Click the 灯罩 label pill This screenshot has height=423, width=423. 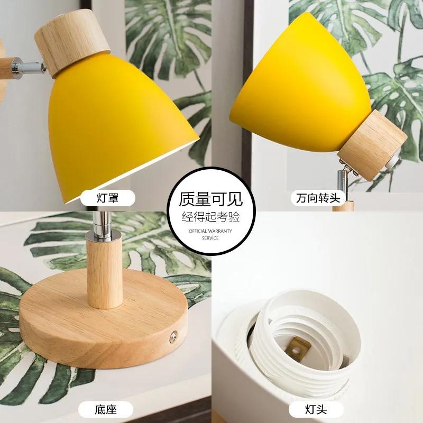(107, 198)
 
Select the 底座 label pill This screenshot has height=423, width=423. (106, 409)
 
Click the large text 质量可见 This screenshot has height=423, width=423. (211, 199)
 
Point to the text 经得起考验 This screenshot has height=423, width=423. (211, 217)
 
